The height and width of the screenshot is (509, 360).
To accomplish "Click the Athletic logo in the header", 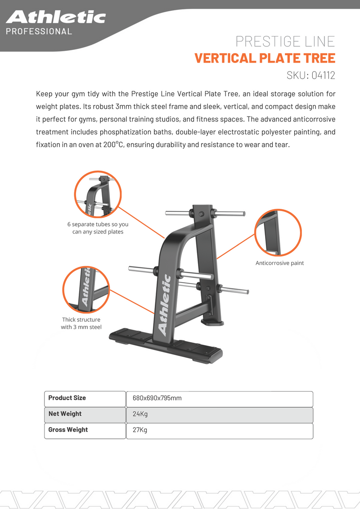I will pos(56,18).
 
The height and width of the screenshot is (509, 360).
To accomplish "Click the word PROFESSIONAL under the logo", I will pos(39,32).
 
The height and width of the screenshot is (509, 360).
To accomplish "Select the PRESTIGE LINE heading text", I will pos(285,42).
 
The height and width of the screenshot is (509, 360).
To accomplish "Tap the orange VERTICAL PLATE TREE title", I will pos(265,58).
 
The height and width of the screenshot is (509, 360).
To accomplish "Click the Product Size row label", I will pos(67,398).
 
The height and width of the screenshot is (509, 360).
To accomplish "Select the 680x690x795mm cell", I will pos(157,399).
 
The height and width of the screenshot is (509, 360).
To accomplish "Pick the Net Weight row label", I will pos(65,414).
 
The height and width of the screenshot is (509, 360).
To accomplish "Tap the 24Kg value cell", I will pos(140,414).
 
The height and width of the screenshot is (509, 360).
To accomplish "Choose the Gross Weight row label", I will pos(68,430).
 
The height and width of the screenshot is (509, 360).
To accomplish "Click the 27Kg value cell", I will pos(140,430).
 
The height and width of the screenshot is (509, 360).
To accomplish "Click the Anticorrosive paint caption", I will pos(279,263).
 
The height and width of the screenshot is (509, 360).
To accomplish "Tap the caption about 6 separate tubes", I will pos(98,228).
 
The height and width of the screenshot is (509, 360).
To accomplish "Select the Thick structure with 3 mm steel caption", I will pos(81,323).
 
